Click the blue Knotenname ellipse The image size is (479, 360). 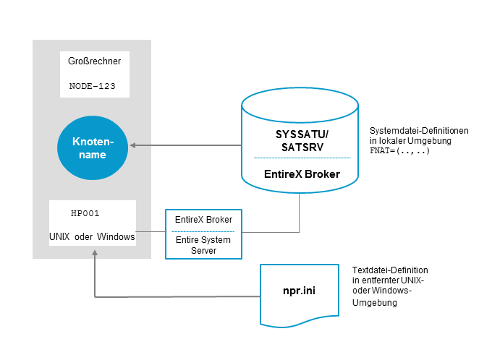tap(93, 148)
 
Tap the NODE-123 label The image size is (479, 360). tap(93, 85)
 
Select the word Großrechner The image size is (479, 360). tap(94, 61)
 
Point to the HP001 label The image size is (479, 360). tap(85, 214)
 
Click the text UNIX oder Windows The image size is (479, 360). tap(92, 236)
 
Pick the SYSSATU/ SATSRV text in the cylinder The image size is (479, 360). tap(302, 140)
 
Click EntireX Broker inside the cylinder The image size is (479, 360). tap(302, 173)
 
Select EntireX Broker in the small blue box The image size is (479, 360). tap(203, 219)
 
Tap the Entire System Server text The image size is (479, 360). tap(203, 245)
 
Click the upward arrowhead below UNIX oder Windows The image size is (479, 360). tap(95, 254)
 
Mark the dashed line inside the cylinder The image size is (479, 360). tap(302, 158)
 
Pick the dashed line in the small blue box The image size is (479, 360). tap(203, 231)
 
